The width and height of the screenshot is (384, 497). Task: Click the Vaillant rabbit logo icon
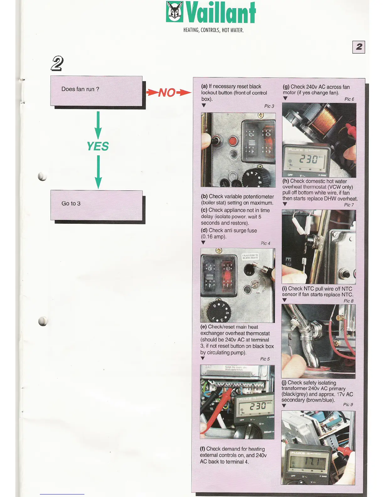click(x=175, y=12)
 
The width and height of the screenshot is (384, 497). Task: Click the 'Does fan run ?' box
click(x=96, y=91)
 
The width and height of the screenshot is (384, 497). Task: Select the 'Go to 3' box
click(x=96, y=205)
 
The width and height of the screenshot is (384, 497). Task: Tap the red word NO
click(x=167, y=93)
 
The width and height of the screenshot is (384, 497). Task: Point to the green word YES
click(x=98, y=147)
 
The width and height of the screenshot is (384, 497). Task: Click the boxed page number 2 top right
click(x=359, y=47)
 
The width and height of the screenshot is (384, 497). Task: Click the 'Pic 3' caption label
click(x=269, y=106)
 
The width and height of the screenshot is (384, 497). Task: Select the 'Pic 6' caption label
click(x=349, y=99)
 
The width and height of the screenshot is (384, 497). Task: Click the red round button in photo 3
click(x=232, y=141)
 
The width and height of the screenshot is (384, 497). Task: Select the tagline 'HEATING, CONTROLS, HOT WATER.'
click(x=213, y=30)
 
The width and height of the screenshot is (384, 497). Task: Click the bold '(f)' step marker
click(x=203, y=449)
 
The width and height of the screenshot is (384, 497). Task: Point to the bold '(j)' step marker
click(x=284, y=383)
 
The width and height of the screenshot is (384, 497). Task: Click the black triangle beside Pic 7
click(x=285, y=204)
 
